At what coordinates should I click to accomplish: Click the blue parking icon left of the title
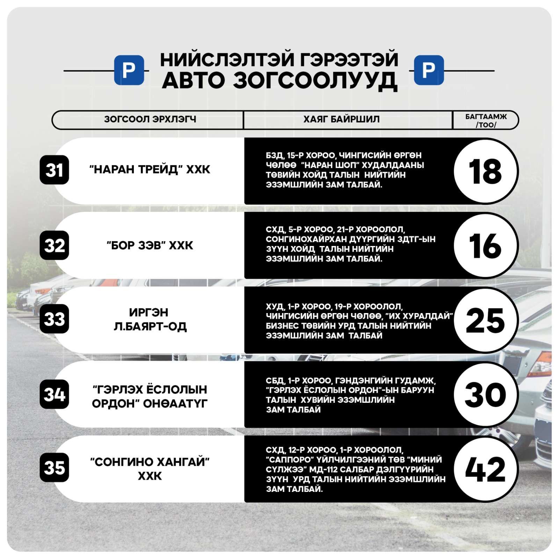(x=129, y=70)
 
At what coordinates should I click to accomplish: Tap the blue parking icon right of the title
(x=429, y=70)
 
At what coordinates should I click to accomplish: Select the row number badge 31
(x=54, y=170)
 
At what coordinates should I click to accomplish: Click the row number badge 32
(x=54, y=245)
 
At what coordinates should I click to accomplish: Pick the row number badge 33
(x=54, y=319)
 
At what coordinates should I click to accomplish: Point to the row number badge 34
(x=54, y=394)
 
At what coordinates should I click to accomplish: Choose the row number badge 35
(x=54, y=467)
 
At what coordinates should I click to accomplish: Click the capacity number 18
(x=485, y=171)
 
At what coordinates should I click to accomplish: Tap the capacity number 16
(x=485, y=246)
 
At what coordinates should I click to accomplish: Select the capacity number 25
(x=485, y=320)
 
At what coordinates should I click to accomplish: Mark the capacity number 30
(x=485, y=395)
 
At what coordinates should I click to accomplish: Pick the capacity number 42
(x=485, y=469)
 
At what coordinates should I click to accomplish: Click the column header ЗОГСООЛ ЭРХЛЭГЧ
(x=150, y=119)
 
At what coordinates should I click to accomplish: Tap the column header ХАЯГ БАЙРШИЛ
(x=341, y=119)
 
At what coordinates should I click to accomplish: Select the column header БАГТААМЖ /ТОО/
(x=486, y=121)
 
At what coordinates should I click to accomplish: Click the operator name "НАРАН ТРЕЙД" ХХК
(x=150, y=169)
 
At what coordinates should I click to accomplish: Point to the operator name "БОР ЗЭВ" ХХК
(x=150, y=245)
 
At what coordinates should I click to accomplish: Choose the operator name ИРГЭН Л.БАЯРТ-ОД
(x=150, y=319)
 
